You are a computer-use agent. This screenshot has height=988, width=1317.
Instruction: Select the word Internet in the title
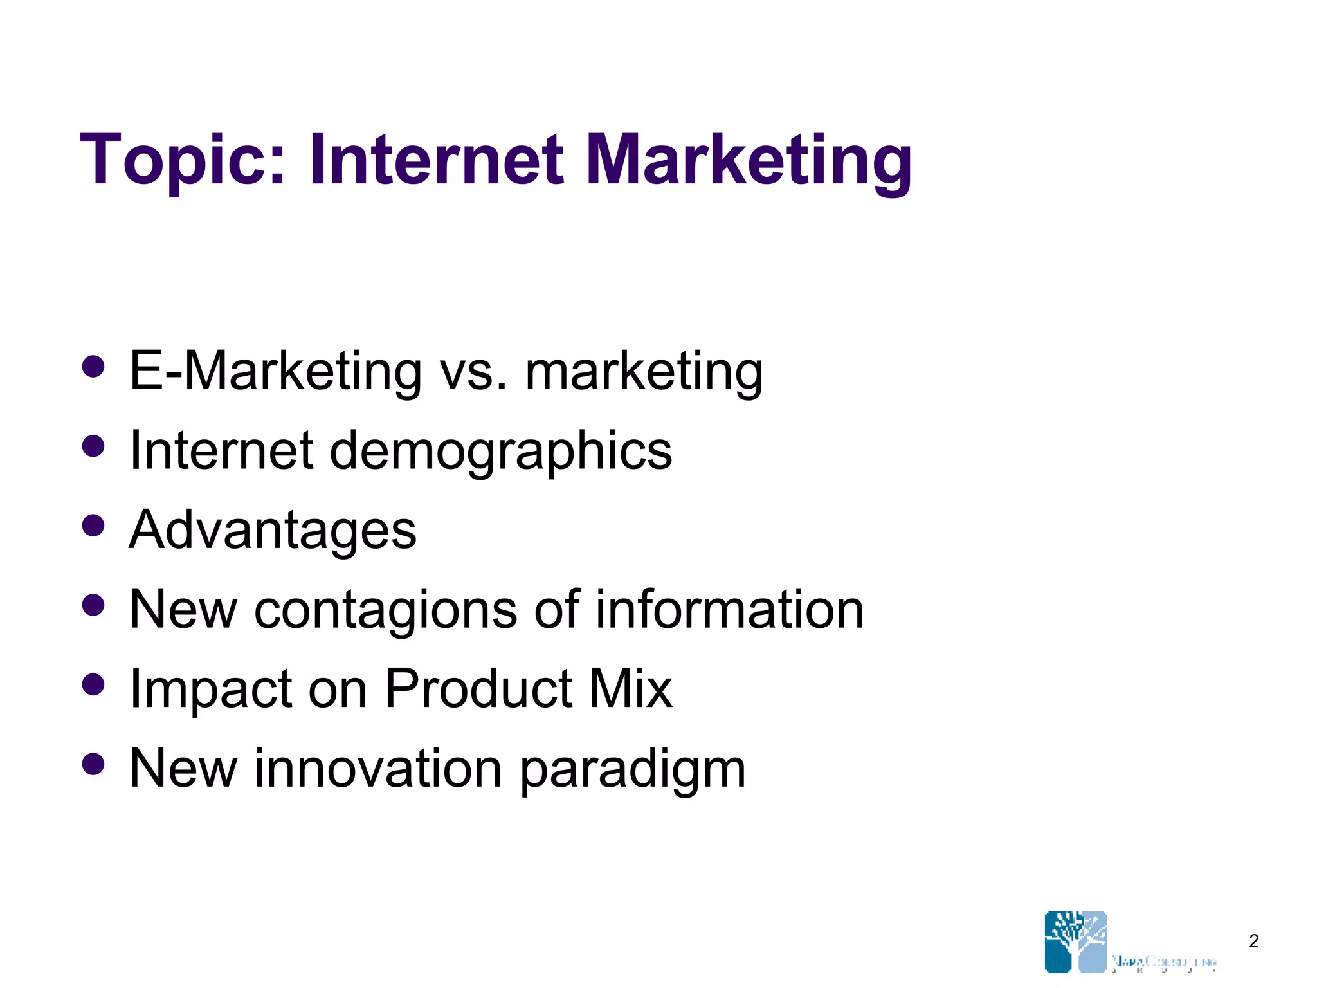tap(437, 160)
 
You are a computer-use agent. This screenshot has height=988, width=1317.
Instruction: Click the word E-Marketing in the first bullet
tap(275, 371)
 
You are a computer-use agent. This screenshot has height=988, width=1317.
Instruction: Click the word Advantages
tap(273, 531)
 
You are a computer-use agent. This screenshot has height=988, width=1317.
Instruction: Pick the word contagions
tap(385, 609)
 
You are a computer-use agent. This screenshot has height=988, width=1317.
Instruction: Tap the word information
tap(729, 609)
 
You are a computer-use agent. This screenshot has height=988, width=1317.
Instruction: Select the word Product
tap(478, 688)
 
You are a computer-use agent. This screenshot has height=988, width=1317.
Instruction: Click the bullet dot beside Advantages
tap(94, 526)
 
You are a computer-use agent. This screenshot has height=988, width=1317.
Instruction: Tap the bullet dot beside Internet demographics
tap(94, 446)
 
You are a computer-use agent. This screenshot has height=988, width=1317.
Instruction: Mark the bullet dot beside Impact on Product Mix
tap(94, 684)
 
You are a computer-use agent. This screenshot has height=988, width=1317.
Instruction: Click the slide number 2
tap(1253, 941)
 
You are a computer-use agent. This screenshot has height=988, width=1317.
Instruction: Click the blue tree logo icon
tap(1076, 941)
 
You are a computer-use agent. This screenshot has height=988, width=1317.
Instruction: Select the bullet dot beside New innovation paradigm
tap(94, 764)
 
